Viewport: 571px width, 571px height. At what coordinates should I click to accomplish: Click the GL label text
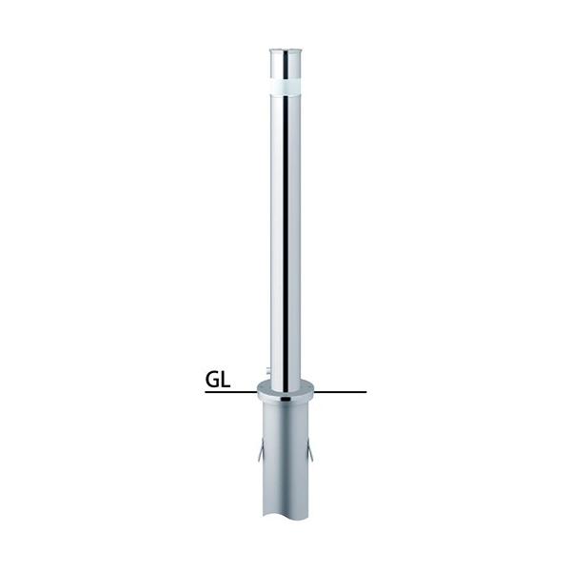(x=219, y=381)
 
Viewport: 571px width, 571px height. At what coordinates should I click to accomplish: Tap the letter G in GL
(x=213, y=381)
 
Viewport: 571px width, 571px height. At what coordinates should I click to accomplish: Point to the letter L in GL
(x=226, y=381)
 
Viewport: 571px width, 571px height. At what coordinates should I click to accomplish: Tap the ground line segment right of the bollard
(x=343, y=391)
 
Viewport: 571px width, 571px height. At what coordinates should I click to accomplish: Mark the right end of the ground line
(x=365, y=391)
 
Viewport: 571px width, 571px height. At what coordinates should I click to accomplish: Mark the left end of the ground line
(x=206, y=391)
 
